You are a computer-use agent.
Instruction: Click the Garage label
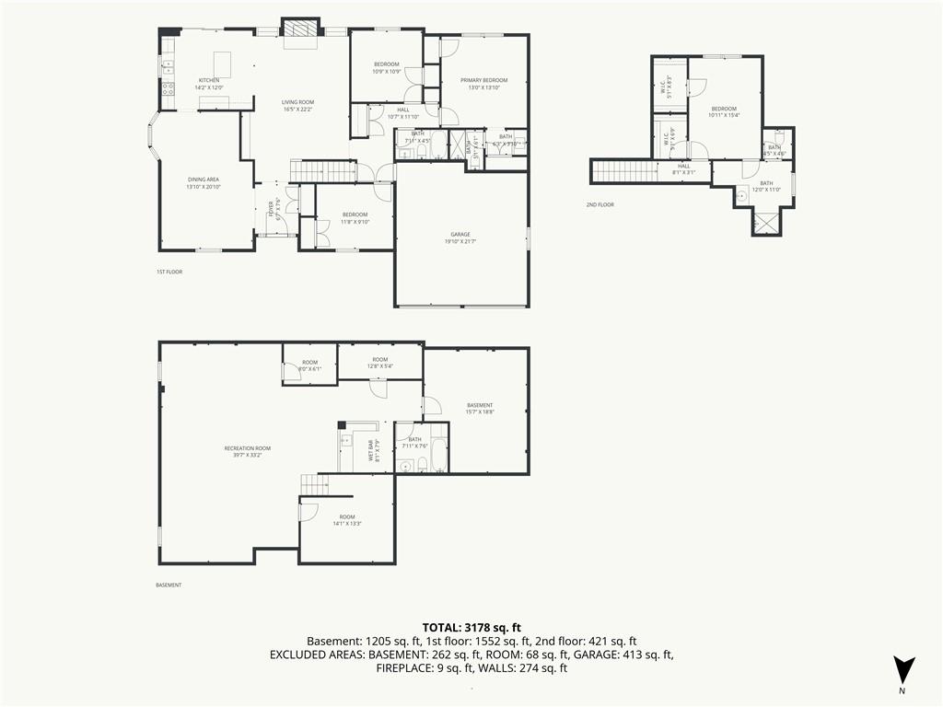point(460,238)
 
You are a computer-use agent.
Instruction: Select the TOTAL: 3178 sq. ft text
point(471,628)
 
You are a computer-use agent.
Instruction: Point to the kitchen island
point(221,64)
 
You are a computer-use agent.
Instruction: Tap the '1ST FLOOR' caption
point(169,272)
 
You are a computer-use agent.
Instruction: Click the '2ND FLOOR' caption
point(600,204)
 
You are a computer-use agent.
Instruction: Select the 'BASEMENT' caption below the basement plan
point(169,585)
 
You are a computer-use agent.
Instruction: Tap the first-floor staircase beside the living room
point(322,170)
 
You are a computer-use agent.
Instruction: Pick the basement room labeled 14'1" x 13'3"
point(346,520)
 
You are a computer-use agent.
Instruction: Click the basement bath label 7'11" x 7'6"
point(416,443)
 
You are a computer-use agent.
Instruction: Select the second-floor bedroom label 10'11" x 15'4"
point(724,112)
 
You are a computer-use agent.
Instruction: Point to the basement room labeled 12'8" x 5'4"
point(379,363)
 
